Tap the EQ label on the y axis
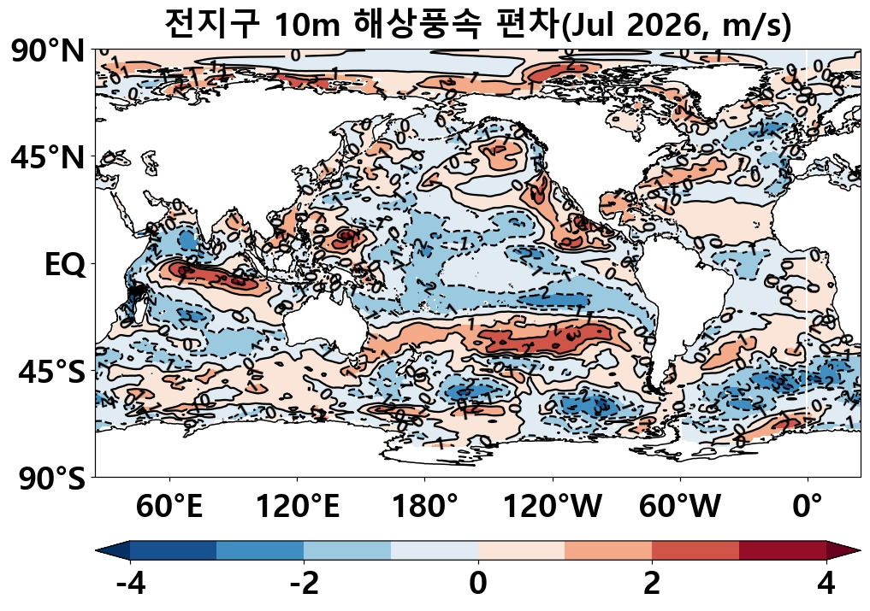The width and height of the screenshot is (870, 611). pos(65,265)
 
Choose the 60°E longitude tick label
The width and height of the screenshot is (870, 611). pos(169,508)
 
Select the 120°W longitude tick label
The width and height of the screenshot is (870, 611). pos(553,508)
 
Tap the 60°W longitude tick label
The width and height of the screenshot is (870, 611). pos(681,508)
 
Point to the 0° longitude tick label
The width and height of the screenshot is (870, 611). pos(808,508)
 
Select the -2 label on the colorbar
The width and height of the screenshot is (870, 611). pos(304,584)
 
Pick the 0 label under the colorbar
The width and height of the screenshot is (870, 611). pos(478,584)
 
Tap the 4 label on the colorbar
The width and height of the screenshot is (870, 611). pos(826,584)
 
